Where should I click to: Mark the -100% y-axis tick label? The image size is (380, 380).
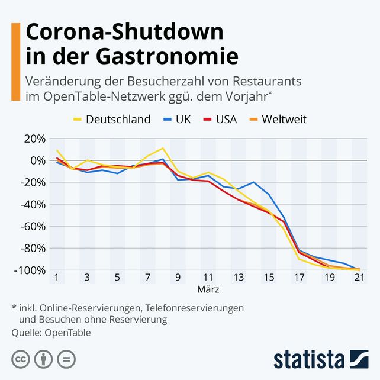pos(30,270)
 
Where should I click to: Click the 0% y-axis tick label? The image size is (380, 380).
pos(37,161)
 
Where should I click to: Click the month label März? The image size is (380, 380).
pos(208,290)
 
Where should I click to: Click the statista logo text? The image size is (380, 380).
pos(309,359)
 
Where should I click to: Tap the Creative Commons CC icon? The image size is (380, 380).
pos(21,359)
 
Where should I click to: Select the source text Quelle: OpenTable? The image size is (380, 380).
pos(51,332)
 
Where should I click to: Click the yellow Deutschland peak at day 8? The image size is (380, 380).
pos(163,148)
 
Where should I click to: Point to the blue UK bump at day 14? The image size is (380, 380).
pos(253,182)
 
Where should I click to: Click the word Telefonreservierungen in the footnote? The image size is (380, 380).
pos(194,308)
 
